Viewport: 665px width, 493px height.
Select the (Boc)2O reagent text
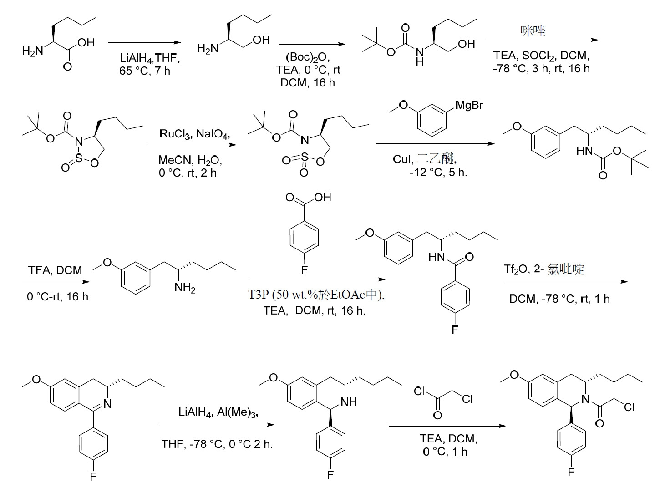coord(307,57)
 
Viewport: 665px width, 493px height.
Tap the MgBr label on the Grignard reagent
coord(469,105)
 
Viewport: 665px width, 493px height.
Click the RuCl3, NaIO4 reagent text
coord(195,134)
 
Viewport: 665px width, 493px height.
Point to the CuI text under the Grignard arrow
coord(402,159)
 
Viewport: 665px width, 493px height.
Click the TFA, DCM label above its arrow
coord(55,270)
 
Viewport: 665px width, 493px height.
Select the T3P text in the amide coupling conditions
coord(259,295)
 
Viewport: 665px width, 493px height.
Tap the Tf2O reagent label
coord(516,269)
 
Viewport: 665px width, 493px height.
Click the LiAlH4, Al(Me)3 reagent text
coord(218,412)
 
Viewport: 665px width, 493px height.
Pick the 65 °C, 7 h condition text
coord(144,71)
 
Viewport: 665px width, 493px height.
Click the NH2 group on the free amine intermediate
coord(185,288)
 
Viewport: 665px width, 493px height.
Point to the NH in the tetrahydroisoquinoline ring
coord(349,402)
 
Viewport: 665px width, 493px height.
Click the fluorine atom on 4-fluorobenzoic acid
coord(304,270)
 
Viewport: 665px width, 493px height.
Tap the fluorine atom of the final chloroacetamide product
coord(571,472)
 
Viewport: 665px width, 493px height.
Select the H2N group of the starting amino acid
coord(33,51)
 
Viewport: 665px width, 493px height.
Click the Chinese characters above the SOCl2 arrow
coord(533,30)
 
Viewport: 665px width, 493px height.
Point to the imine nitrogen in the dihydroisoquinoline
coord(107,404)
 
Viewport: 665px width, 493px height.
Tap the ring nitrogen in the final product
coord(585,399)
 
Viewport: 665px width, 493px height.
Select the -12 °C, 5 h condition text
coord(438,173)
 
